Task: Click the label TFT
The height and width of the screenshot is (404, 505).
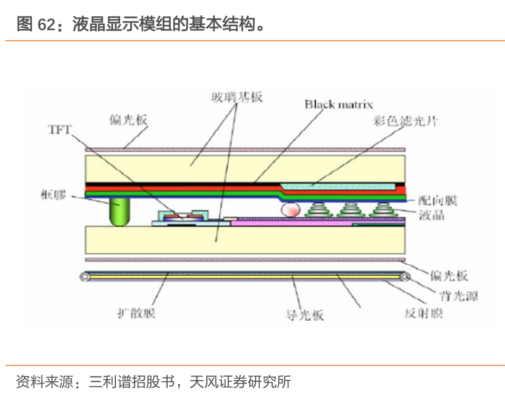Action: (x=60, y=130)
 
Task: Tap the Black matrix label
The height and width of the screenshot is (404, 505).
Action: (x=338, y=104)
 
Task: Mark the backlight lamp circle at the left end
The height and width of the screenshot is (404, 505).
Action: (x=84, y=276)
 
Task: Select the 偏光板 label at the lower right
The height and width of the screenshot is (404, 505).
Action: (x=449, y=275)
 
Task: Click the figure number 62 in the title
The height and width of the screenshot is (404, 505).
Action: (x=46, y=24)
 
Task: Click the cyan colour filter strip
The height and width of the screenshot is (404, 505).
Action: (x=337, y=186)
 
